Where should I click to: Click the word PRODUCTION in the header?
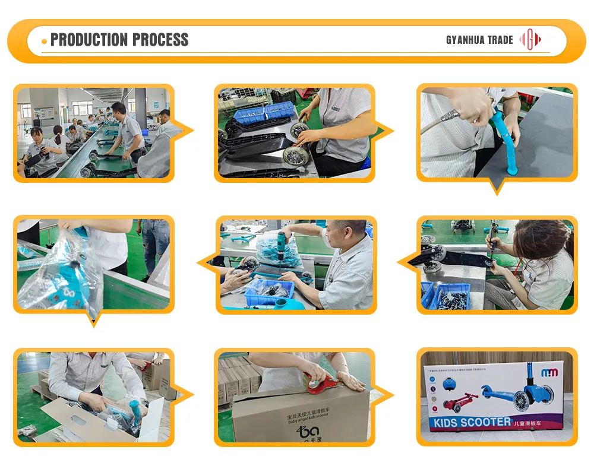90,40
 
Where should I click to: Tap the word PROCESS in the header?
160,40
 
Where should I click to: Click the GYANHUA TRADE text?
479,40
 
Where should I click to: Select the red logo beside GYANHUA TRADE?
530,40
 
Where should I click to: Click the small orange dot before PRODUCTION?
45,40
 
